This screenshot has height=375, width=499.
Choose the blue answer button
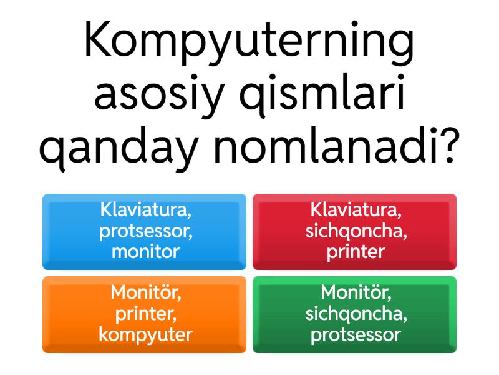(144, 231)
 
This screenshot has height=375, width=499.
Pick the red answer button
(354, 231)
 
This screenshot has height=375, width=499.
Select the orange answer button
(144, 314)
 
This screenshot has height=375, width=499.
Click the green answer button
(354, 314)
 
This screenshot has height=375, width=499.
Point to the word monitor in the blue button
(145, 252)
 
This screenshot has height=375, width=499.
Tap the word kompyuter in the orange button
(145, 335)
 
